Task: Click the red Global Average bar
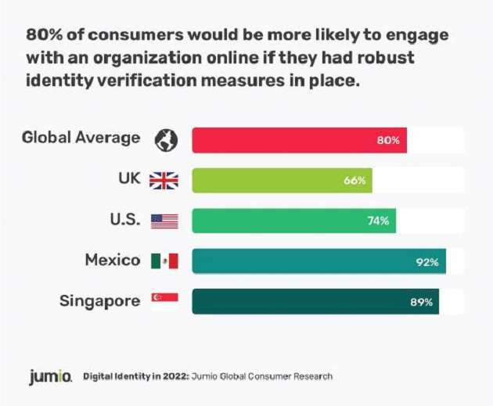(x=299, y=140)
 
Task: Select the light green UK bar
(x=282, y=181)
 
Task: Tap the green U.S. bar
(x=294, y=221)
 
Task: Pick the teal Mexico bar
(x=318, y=261)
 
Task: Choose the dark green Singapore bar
(x=315, y=301)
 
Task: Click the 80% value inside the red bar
(x=387, y=141)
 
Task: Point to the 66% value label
(x=354, y=181)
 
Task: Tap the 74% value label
(x=378, y=221)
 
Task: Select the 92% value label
(x=427, y=261)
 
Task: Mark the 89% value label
(x=420, y=301)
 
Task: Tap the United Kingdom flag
(x=164, y=181)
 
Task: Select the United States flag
(x=164, y=221)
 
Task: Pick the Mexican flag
(x=164, y=261)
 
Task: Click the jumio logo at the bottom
(x=52, y=376)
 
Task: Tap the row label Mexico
(x=113, y=260)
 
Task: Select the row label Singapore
(x=101, y=300)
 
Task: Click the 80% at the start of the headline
(x=45, y=36)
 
